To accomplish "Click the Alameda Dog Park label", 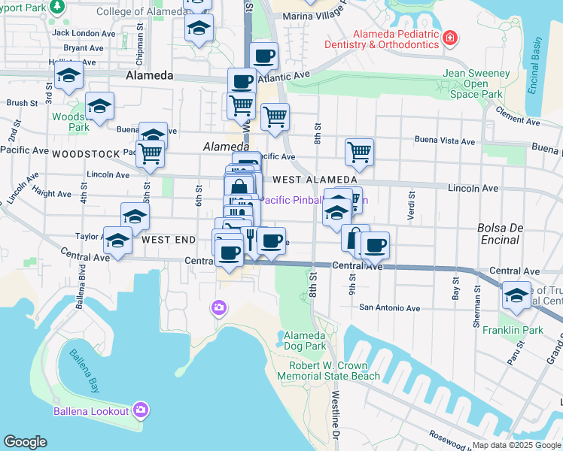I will click(x=303, y=341).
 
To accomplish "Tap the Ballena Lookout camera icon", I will click(x=140, y=410).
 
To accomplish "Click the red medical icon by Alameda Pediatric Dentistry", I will click(x=449, y=37).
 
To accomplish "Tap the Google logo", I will click(x=25, y=442).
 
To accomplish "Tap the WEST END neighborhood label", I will click(x=168, y=240).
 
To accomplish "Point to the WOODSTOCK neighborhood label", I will click(x=86, y=153).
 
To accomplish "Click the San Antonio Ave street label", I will click(x=389, y=307).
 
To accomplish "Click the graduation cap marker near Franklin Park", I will click(x=516, y=294).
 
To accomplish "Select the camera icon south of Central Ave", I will click(x=218, y=307).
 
